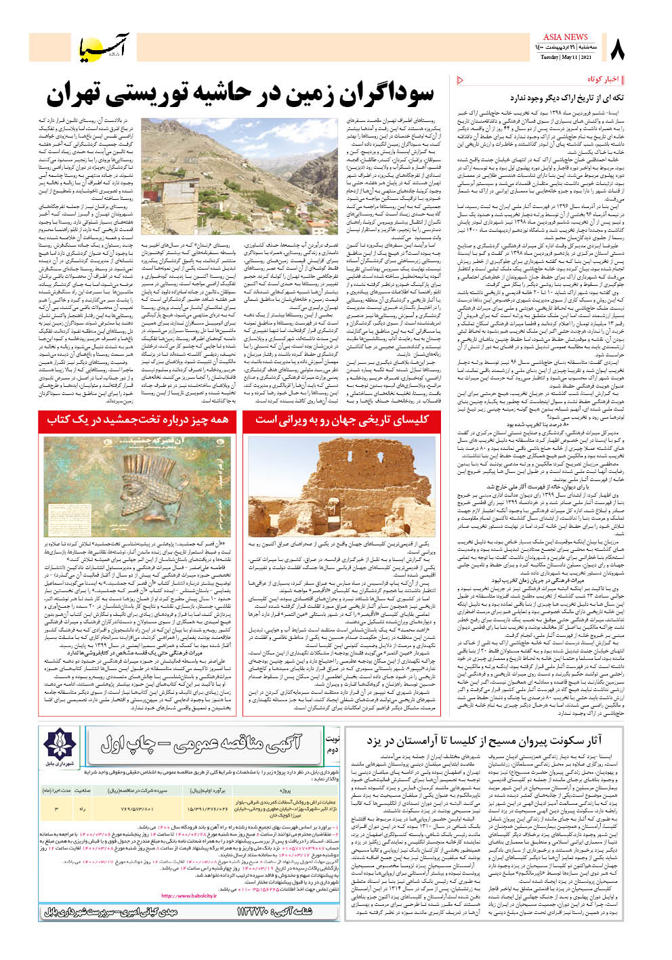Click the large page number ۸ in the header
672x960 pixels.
click(x=618, y=48)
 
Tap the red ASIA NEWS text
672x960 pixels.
click(x=565, y=37)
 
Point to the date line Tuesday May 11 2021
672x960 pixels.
click(x=560, y=58)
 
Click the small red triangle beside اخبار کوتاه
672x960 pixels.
click(x=461, y=80)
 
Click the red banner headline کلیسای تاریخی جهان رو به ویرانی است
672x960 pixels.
click(x=341, y=420)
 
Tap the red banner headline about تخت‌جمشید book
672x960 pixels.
click(x=137, y=420)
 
